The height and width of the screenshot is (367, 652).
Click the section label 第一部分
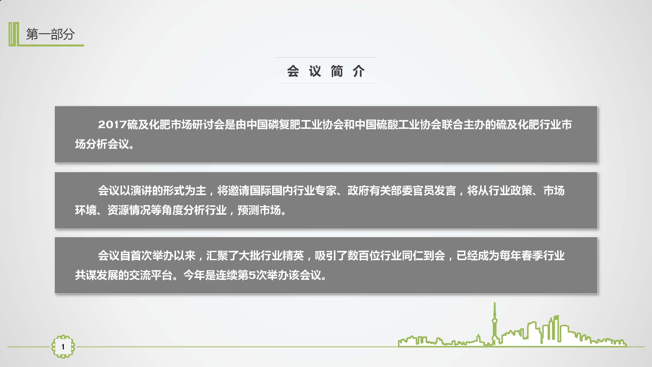click(50, 34)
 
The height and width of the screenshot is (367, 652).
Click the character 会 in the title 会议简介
click(293, 71)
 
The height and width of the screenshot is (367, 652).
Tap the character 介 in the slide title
click(359, 71)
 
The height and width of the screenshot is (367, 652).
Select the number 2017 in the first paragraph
click(112, 124)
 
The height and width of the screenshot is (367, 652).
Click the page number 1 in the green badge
click(63, 346)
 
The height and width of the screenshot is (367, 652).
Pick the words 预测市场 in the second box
click(259, 210)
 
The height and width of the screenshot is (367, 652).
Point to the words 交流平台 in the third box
click(151, 275)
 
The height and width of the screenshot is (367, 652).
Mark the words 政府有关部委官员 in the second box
click(391, 190)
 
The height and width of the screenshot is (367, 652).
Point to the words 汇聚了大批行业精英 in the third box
click(255, 256)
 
